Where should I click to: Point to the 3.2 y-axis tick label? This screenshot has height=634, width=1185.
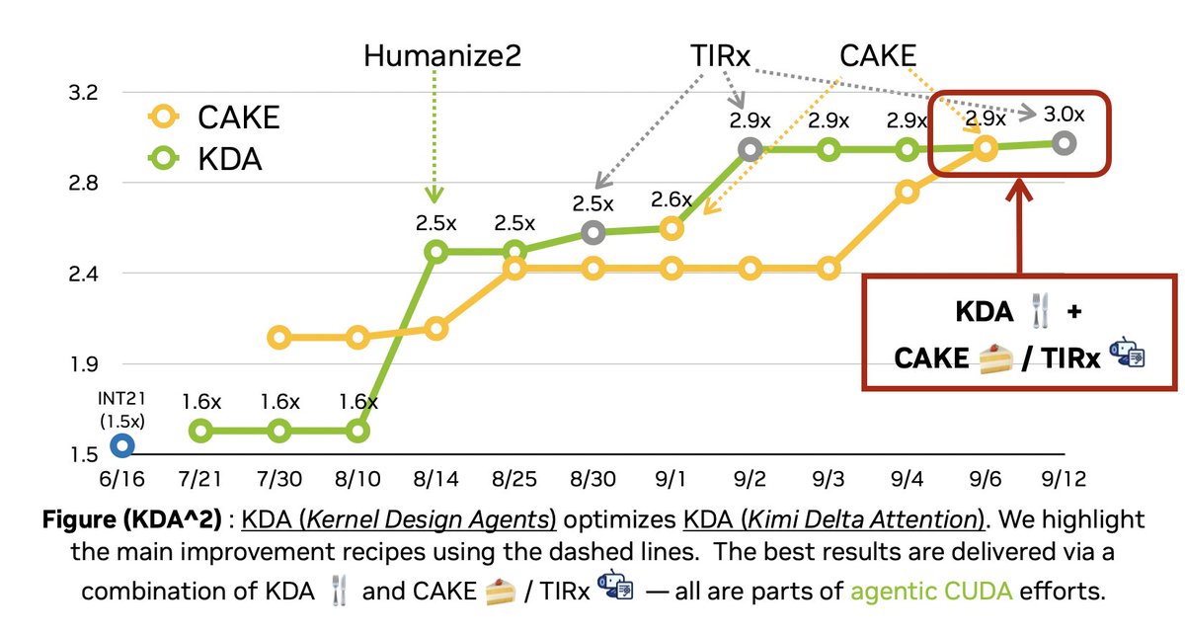[x=83, y=93]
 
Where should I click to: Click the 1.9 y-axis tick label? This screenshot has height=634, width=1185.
[x=84, y=364]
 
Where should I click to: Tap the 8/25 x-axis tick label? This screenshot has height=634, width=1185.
[x=514, y=479]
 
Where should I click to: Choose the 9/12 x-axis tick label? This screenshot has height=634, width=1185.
[x=1064, y=479]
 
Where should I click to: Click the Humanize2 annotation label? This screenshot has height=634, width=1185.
[x=442, y=55]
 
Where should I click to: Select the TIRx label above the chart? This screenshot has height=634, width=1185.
[x=720, y=55]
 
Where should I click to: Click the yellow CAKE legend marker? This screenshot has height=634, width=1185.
[x=164, y=117]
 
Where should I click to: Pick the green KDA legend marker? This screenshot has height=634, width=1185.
[x=164, y=158]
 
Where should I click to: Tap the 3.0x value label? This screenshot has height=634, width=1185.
[x=1064, y=114]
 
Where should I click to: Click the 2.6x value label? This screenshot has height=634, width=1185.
[x=671, y=199]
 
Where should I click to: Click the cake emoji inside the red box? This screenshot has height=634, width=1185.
[x=995, y=358]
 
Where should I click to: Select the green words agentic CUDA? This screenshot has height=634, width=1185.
[x=931, y=592]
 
